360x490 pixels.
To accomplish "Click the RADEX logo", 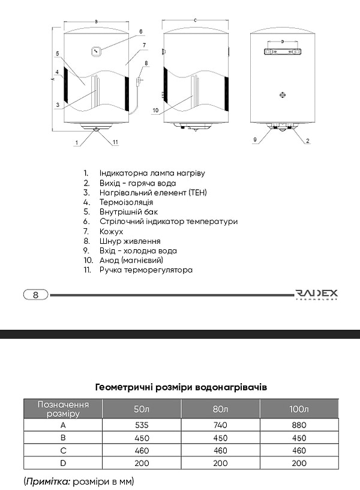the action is (x=317, y=294).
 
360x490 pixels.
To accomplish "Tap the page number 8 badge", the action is (x=35, y=294).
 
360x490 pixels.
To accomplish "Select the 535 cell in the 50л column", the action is (x=142, y=425).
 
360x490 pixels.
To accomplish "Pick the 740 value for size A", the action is (x=220, y=425).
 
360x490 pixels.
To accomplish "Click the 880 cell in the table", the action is (x=299, y=425).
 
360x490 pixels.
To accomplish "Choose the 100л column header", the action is (x=299, y=409).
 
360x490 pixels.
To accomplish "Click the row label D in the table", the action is (x=63, y=463).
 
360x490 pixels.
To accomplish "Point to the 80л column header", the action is (x=220, y=409).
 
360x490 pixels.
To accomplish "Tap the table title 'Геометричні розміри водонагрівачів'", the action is (x=181, y=387).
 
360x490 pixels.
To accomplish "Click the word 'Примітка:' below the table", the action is (x=48, y=481).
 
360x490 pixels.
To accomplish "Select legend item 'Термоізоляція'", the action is (x=126, y=202).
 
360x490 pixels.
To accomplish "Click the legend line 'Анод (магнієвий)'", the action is (x=131, y=261).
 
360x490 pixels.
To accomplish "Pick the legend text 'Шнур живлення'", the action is (x=130, y=241).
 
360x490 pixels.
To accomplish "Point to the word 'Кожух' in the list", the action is (x=111, y=232).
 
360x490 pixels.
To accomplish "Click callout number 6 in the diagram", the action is (x=141, y=32).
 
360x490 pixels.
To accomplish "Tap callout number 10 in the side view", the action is (x=155, y=110).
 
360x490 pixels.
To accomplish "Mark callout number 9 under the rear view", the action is (x=255, y=140).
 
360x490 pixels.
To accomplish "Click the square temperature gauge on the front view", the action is (x=97, y=51).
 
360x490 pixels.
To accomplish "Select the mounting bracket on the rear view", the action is (x=283, y=52).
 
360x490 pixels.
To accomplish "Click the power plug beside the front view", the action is (x=139, y=81).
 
